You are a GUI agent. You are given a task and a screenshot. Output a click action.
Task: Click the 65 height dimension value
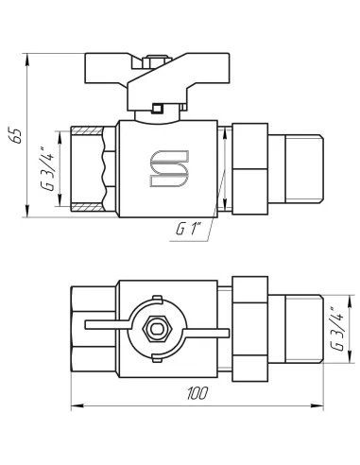pyautogui.click(x=16, y=136)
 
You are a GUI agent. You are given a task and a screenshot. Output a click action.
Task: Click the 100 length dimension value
pyautogui.click(x=197, y=393)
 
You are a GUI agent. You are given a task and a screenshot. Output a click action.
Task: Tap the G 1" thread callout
pyautogui.click(x=188, y=229)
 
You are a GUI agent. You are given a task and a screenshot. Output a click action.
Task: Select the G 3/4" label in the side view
pyautogui.click(x=47, y=168)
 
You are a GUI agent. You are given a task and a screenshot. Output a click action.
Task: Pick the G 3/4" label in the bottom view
pyautogui.click(x=337, y=328)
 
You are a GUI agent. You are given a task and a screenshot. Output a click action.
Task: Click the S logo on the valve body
pyautogui.click(x=169, y=168)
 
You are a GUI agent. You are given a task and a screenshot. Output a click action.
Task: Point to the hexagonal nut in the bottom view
pyautogui.click(x=157, y=329)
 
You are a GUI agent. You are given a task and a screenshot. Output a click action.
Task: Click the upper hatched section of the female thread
pyautogui.click(x=87, y=130)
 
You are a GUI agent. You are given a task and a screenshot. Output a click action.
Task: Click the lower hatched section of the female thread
pyautogui.click(x=87, y=207)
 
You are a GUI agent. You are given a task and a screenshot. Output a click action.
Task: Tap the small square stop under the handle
pyautogui.click(x=157, y=109)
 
